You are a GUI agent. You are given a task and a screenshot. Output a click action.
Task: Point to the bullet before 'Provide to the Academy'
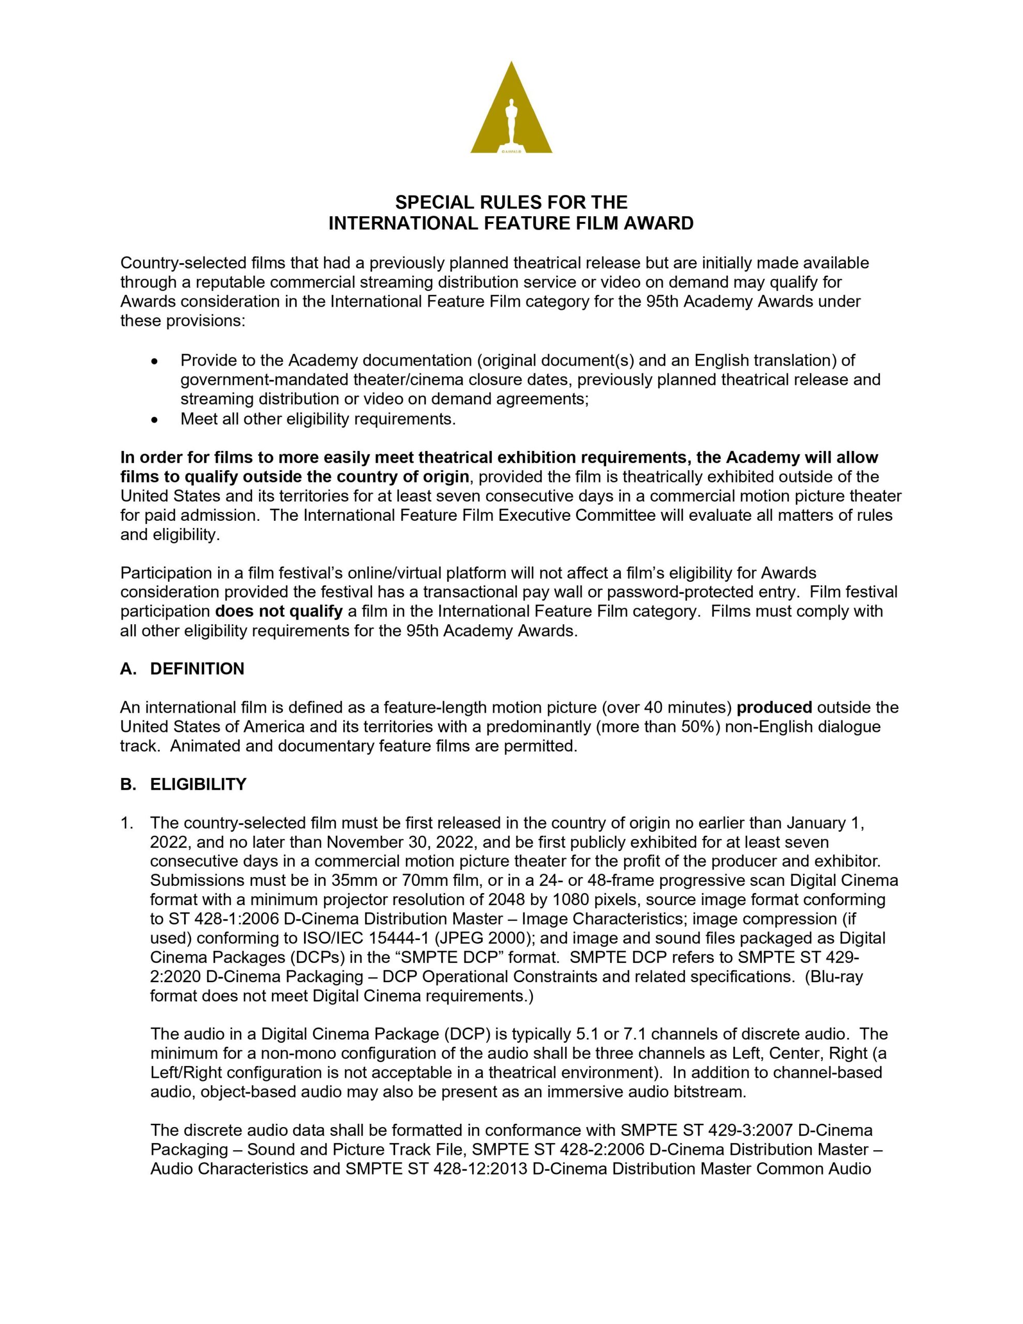pyautogui.click(x=155, y=362)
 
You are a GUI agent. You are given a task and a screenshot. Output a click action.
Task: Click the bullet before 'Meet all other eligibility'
pyautogui.click(x=155, y=419)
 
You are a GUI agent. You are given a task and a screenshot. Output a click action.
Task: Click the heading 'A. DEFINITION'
pyautogui.click(x=182, y=669)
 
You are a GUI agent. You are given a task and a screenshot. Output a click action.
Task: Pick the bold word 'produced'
pyautogui.click(x=774, y=708)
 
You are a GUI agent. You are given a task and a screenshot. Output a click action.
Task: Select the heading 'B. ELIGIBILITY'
pyautogui.click(x=183, y=785)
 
